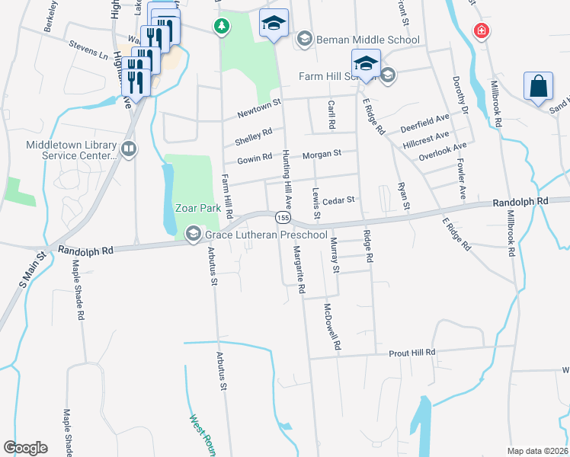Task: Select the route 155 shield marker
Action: coord(282,219)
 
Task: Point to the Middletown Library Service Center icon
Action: coord(128,149)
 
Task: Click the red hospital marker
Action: coord(480,31)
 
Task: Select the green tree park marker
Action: coord(221,27)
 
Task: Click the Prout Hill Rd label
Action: coord(411,353)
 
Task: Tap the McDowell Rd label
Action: coord(331,327)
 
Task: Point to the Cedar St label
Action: coord(339,200)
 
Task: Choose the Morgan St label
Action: coord(320,155)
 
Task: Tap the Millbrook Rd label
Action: coord(497,104)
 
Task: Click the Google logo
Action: coord(25,448)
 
